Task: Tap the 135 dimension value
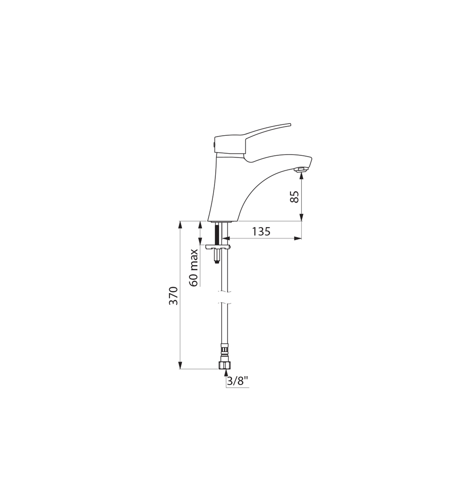click(261, 232)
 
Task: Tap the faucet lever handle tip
click(290, 124)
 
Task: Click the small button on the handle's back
click(214, 145)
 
